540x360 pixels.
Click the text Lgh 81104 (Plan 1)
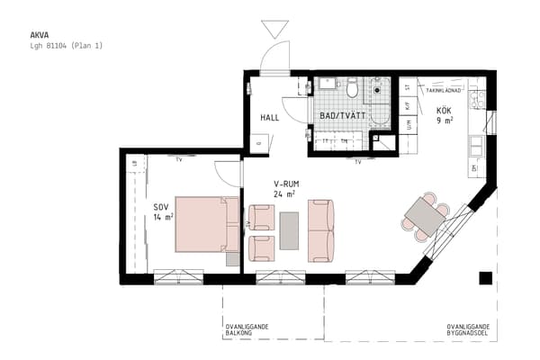(67, 45)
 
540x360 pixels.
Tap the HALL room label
(270, 118)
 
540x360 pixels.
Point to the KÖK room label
(445, 112)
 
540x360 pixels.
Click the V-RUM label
(286, 184)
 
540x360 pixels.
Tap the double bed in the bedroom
(207, 223)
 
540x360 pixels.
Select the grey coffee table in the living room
(290, 230)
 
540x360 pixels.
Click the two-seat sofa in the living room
(320, 230)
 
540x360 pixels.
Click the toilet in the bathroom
(353, 87)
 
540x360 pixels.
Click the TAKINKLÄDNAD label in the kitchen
(444, 91)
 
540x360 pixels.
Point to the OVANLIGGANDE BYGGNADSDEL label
(468, 330)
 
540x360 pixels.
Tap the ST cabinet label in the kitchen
(408, 87)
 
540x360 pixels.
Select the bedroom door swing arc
(228, 173)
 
